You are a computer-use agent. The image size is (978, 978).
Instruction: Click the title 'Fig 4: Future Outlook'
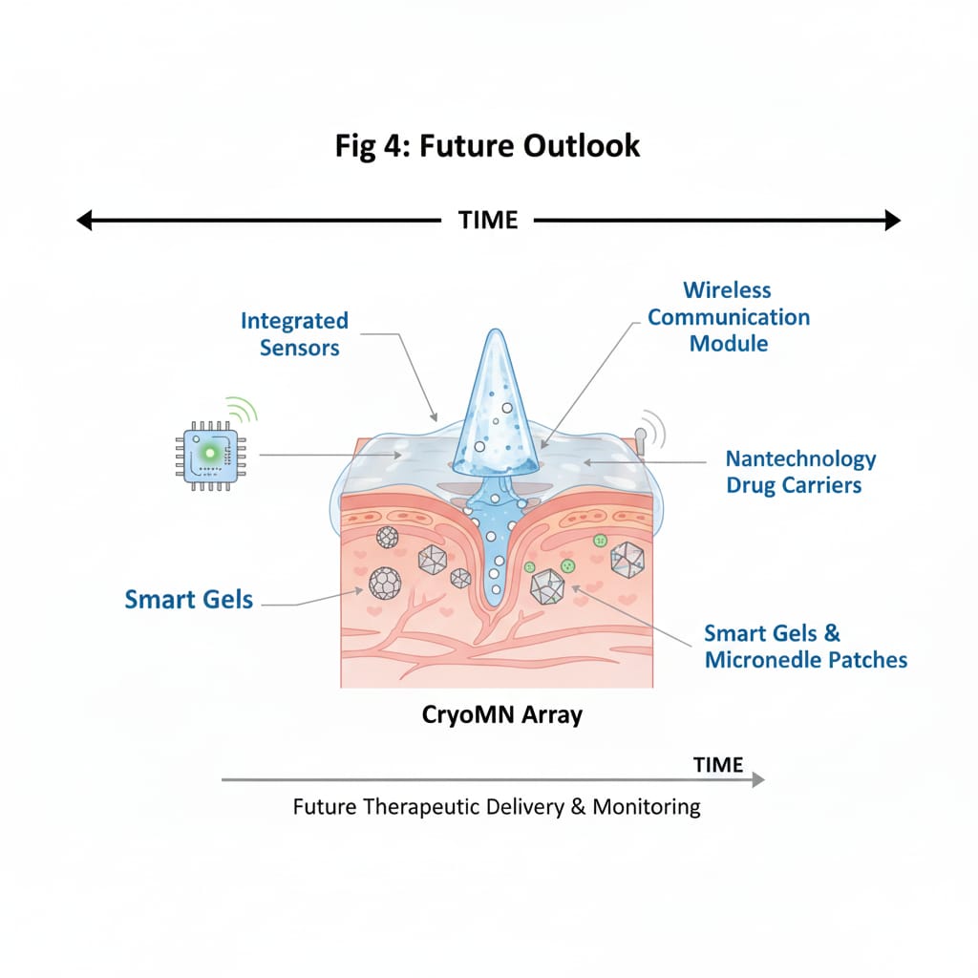[488, 146]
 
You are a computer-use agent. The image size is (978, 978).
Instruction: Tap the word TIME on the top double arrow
[488, 221]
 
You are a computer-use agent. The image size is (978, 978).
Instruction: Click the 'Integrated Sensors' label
[294, 333]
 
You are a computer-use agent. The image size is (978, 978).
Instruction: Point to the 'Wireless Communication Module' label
[729, 316]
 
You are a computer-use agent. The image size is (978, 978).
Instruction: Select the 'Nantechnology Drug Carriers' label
[800, 472]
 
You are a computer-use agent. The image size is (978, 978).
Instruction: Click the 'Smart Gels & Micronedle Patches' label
[805, 647]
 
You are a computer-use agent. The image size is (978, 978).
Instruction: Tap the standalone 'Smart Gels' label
[189, 600]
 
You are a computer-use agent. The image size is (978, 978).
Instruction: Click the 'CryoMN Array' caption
[501, 714]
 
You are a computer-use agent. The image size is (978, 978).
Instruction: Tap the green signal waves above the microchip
[244, 410]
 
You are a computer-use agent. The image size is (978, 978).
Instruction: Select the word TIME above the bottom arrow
[718, 765]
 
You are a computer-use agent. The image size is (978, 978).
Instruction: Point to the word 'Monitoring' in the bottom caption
[647, 807]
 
